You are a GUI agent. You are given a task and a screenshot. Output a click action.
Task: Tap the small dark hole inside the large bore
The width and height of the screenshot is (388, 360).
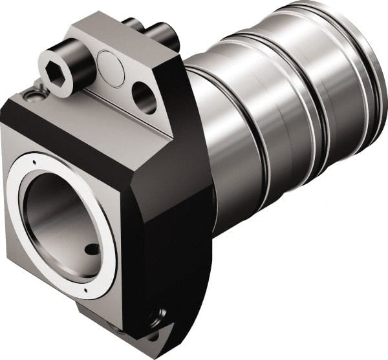(92, 249)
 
